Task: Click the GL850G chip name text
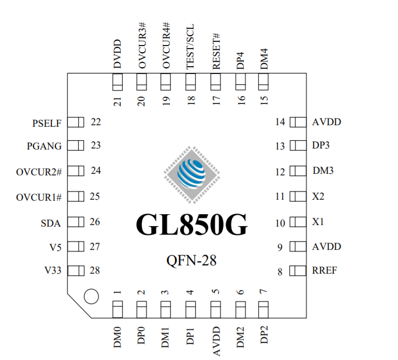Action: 191,224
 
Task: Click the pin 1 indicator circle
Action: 91,296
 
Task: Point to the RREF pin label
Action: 325,271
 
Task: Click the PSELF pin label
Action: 46,124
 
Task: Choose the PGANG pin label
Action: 44,146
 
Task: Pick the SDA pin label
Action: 51,223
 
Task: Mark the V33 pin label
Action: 52,271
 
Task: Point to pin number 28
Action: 95,271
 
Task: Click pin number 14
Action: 280,122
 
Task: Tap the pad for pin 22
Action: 76,123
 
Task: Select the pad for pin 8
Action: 298,271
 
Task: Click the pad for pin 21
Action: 117,81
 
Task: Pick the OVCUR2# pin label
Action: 39,171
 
